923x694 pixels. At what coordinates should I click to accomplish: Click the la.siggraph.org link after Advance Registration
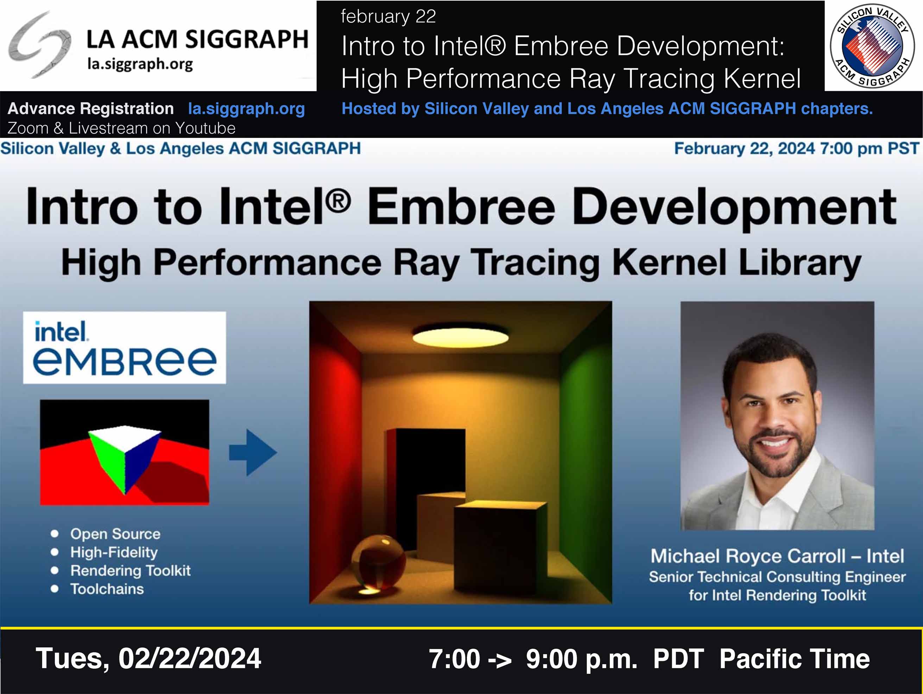click(x=246, y=109)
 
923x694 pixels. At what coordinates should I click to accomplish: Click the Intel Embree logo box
click(x=124, y=348)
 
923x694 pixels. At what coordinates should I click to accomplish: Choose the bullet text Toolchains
click(x=107, y=589)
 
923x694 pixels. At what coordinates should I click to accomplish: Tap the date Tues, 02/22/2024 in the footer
click(x=148, y=658)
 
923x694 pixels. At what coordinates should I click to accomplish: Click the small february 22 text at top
click(x=388, y=17)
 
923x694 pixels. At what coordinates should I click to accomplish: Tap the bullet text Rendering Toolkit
click(x=130, y=570)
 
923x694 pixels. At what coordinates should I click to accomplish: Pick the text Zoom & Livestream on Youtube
click(x=121, y=128)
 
